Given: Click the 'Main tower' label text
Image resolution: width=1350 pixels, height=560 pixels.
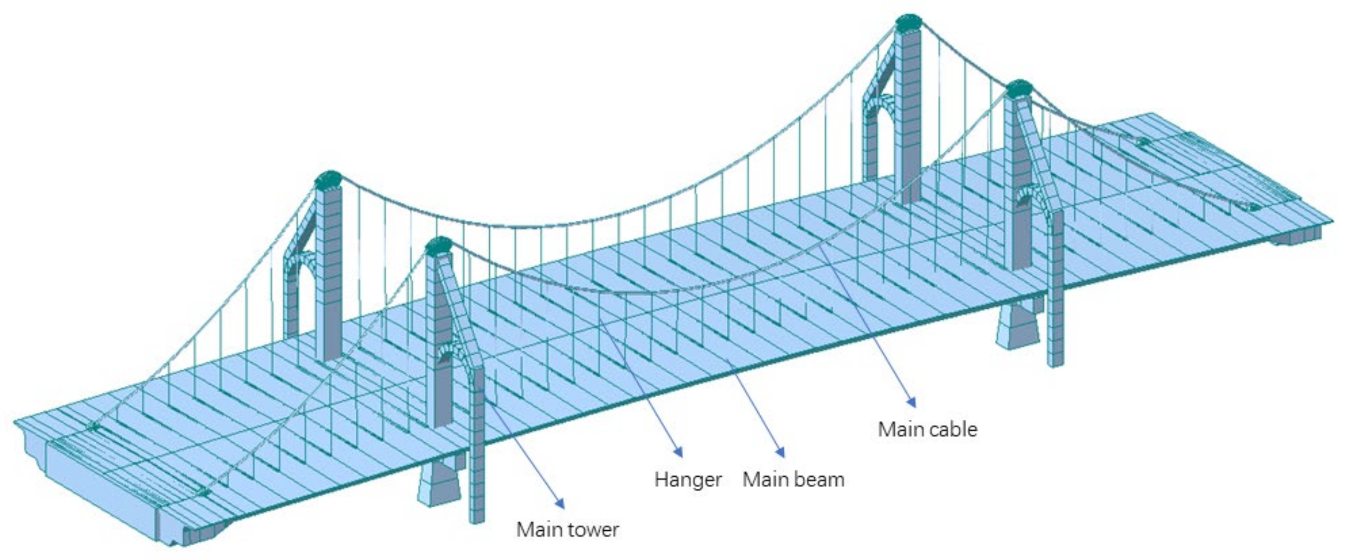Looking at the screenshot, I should click(x=568, y=530).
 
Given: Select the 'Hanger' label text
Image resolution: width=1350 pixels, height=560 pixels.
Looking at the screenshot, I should click(x=688, y=479).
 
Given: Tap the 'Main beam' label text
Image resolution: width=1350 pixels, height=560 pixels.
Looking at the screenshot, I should click(x=793, y=479).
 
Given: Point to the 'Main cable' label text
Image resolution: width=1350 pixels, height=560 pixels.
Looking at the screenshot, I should click(x=928, y=429).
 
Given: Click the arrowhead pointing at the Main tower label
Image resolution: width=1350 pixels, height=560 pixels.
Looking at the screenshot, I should click(x=561, y=504).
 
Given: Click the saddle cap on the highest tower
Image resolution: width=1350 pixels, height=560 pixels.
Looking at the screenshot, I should click(x=909, y=22).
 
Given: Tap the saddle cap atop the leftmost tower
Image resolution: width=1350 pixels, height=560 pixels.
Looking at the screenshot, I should click(x=328, y=179).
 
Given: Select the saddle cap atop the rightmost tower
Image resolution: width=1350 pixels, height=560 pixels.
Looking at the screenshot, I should click(x=1019, y=87).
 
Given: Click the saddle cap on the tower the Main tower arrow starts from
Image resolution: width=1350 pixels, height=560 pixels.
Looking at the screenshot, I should click(x=439, y=245).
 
